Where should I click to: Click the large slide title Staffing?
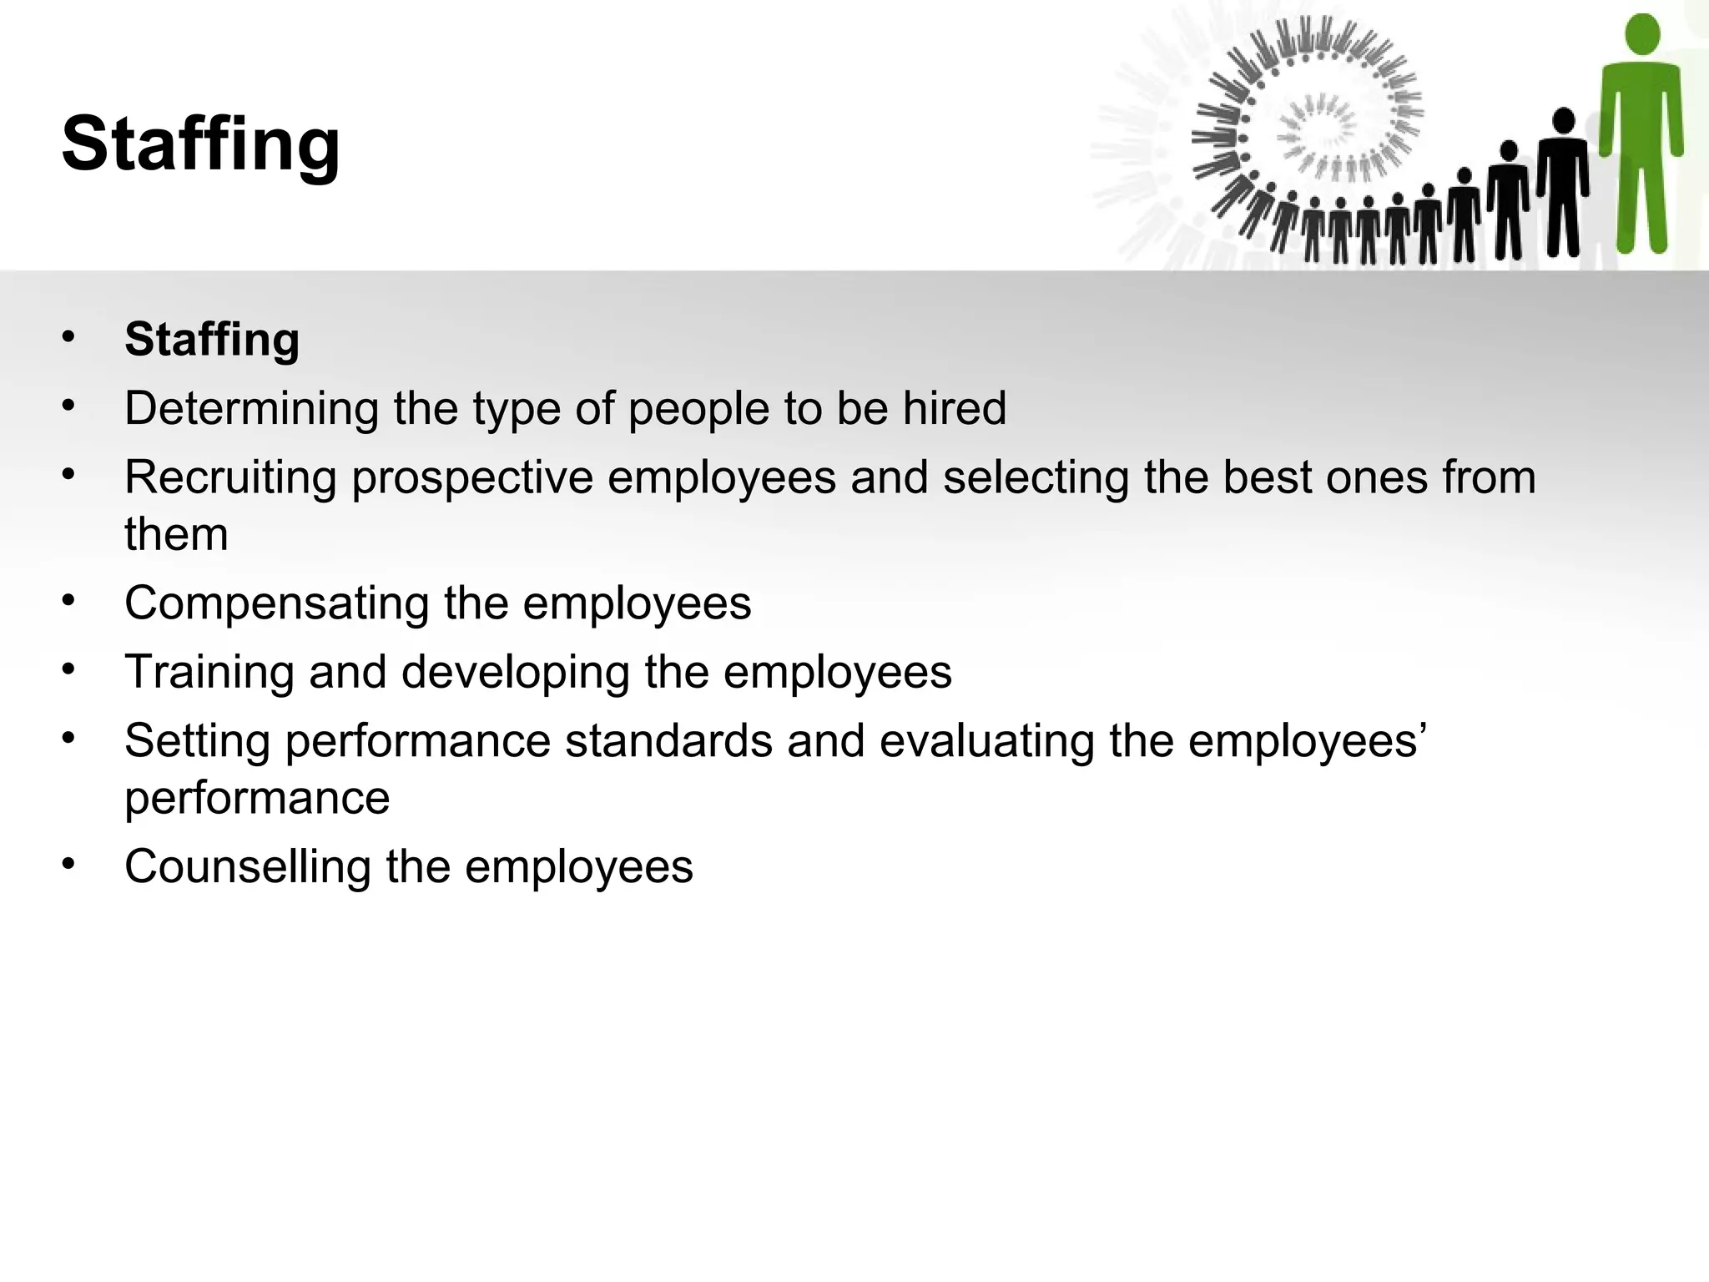click(x=200, y=144)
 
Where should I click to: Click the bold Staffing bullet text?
click(x=212, y=340)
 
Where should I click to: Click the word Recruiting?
click(x=230, y=478)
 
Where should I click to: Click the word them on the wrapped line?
click(x=176, y=534)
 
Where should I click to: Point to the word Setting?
click(x=197, y=741)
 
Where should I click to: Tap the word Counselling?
click(x=247, y=866)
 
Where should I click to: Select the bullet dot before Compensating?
click(x=68, y=599)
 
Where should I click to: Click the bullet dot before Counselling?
click(x=68, y=863)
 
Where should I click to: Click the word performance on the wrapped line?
click(x=257, y=799)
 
